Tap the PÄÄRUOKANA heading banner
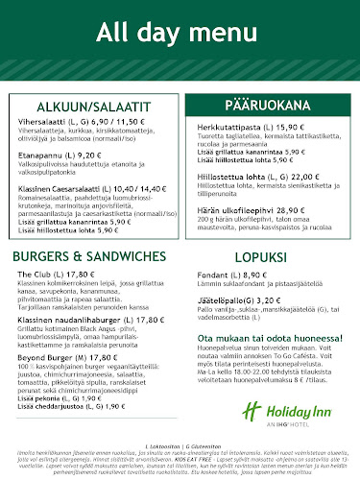coord(266,105)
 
